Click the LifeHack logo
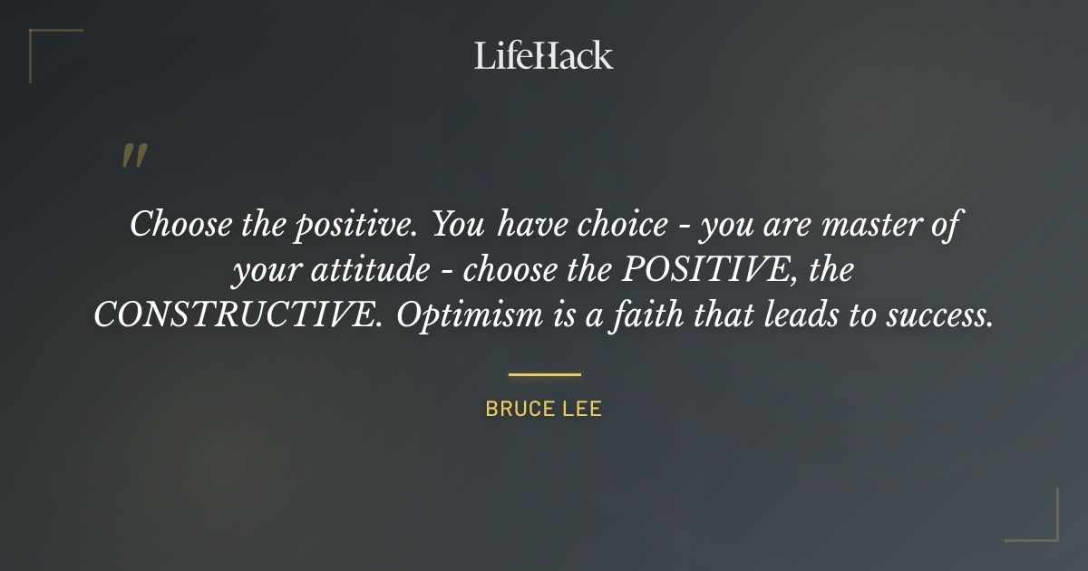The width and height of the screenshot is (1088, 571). coord(544,55)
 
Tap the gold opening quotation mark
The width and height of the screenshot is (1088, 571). coord(133,156)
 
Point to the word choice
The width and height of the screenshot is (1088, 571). coord(622,223)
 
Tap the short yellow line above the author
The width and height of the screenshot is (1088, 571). coord(544,373)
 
